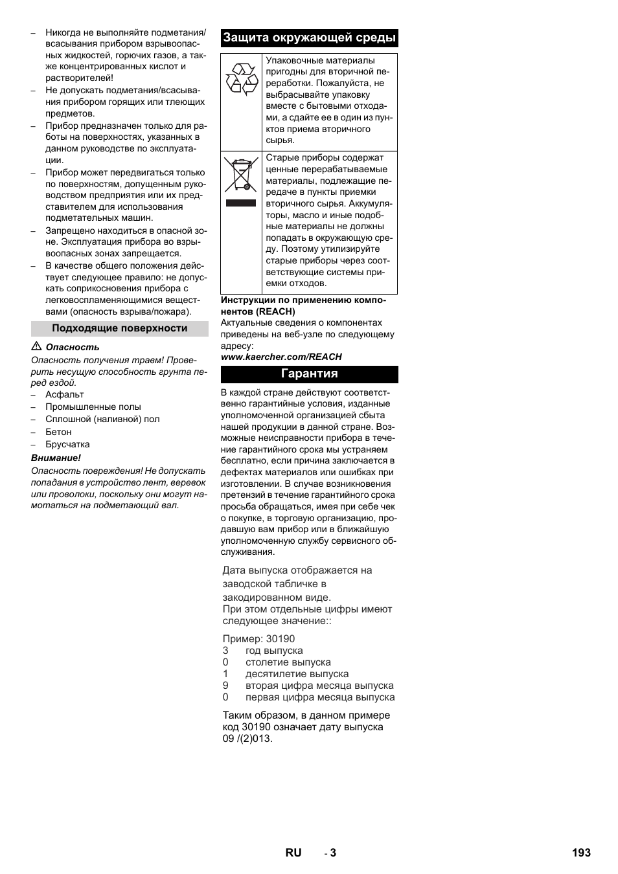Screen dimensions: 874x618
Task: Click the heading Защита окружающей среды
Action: tap(309, 38)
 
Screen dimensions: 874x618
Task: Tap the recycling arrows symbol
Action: tap(241, 79)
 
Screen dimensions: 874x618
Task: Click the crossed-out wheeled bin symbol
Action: tap(241, 174)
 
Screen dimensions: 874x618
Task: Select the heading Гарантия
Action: tap(309, 374)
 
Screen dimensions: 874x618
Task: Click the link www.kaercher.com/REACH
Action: tap(281, 357)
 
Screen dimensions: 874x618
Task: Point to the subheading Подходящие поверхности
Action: tap(120, 328)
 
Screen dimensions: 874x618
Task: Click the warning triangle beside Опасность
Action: tap(36, 347)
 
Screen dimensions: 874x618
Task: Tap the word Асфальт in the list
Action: tap(65, 394)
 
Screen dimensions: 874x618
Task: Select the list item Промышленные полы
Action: tap(93, 407)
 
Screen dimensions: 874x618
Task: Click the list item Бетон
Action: tap(58, 432)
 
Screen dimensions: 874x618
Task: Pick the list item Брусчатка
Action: tap(67, 444)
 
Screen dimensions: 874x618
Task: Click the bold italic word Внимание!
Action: tap(56, 458)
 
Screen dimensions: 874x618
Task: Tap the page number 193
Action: tap(581, 853)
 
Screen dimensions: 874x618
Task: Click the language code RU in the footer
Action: tap(293, 853)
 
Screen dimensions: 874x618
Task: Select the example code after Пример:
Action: tap(280, 639)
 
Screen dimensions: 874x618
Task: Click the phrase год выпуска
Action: tap(274, 651)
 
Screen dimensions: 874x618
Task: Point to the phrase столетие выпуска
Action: tap(288, 662)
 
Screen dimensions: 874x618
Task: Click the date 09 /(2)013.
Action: tap(247, 739)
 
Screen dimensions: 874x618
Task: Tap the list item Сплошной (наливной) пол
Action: tap(102, 419)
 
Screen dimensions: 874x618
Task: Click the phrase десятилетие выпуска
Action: tap(297, 674)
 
